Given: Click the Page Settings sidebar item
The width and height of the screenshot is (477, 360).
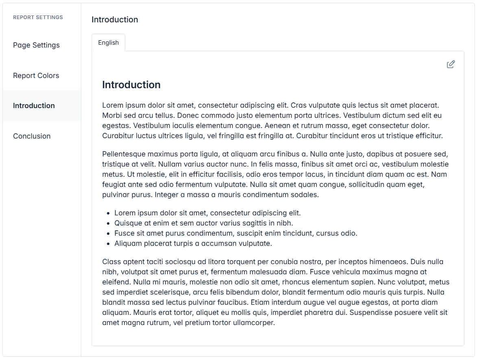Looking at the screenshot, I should tap(36, 45).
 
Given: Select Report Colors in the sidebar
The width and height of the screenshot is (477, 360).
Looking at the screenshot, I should tap(36, 76).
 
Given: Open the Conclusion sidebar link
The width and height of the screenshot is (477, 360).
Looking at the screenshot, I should tap(32, 136).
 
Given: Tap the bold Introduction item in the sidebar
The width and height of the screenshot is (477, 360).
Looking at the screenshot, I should tap(34, 106).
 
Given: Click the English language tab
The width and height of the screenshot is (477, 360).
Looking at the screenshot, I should tap(108, 43).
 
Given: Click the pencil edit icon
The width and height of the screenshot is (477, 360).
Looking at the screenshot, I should tap(451, 64).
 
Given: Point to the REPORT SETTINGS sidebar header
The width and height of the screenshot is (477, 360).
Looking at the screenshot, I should tap(38, 17).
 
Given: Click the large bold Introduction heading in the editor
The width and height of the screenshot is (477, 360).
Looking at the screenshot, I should tap(131, 85).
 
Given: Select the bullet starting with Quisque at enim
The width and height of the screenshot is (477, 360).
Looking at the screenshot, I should tap(203, 223).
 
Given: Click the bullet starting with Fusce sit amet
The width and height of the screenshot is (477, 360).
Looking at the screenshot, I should tap(235, 233).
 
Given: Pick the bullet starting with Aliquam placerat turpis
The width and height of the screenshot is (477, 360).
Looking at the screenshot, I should tap(193, 243).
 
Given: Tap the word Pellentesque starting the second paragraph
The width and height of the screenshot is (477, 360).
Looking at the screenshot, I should tap(124, 154).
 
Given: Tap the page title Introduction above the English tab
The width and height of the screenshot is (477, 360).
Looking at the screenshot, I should tap(115, 20).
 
